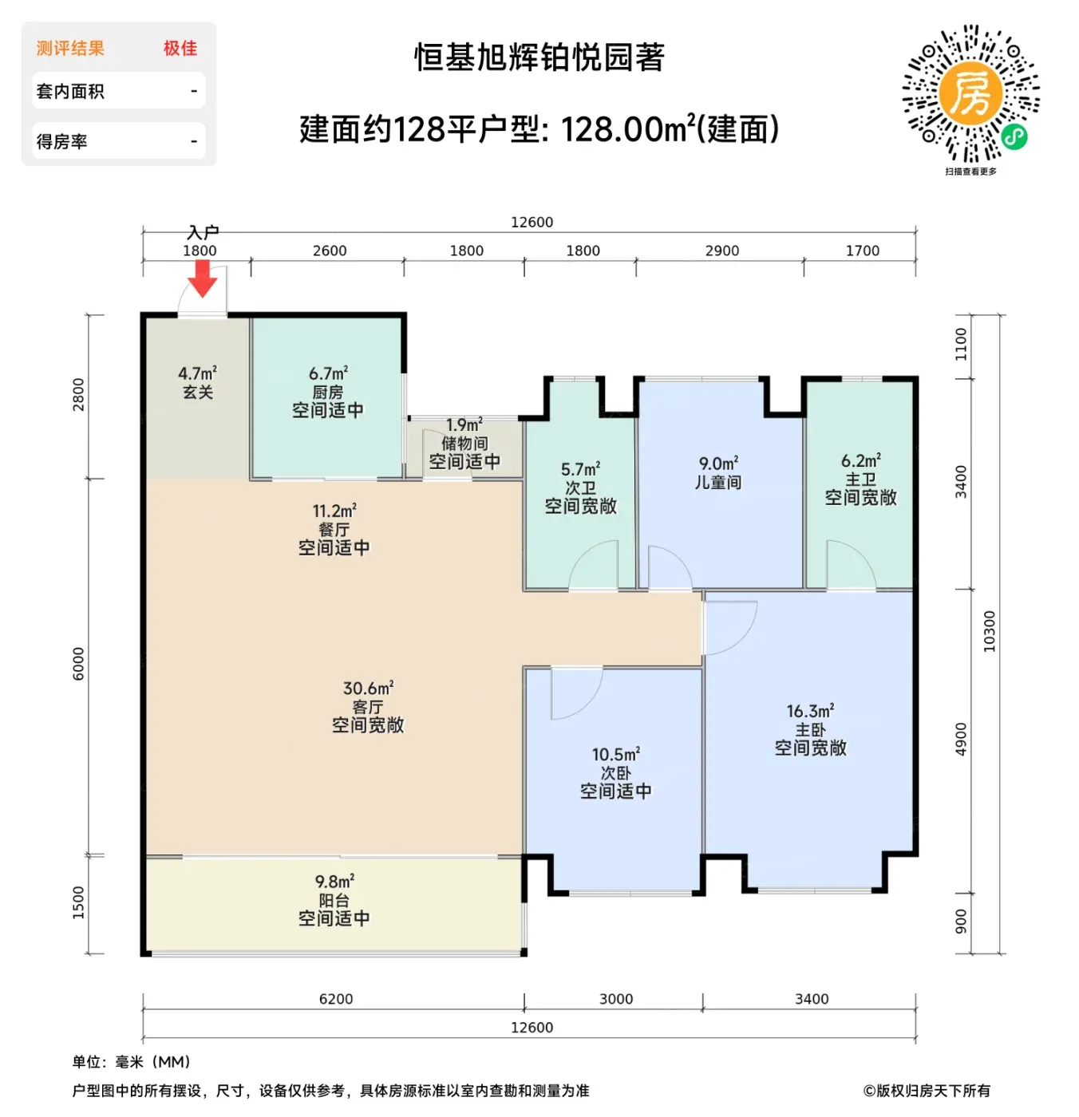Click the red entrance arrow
pos(202,278)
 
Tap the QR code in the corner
pos(970,93)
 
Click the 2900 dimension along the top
pos(721,251)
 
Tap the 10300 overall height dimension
pos(989,631)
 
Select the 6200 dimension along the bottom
pos(336,999)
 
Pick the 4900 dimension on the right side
pos(960,739)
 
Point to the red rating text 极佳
pos(180,48)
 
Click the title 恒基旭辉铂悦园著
pos(539,57)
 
